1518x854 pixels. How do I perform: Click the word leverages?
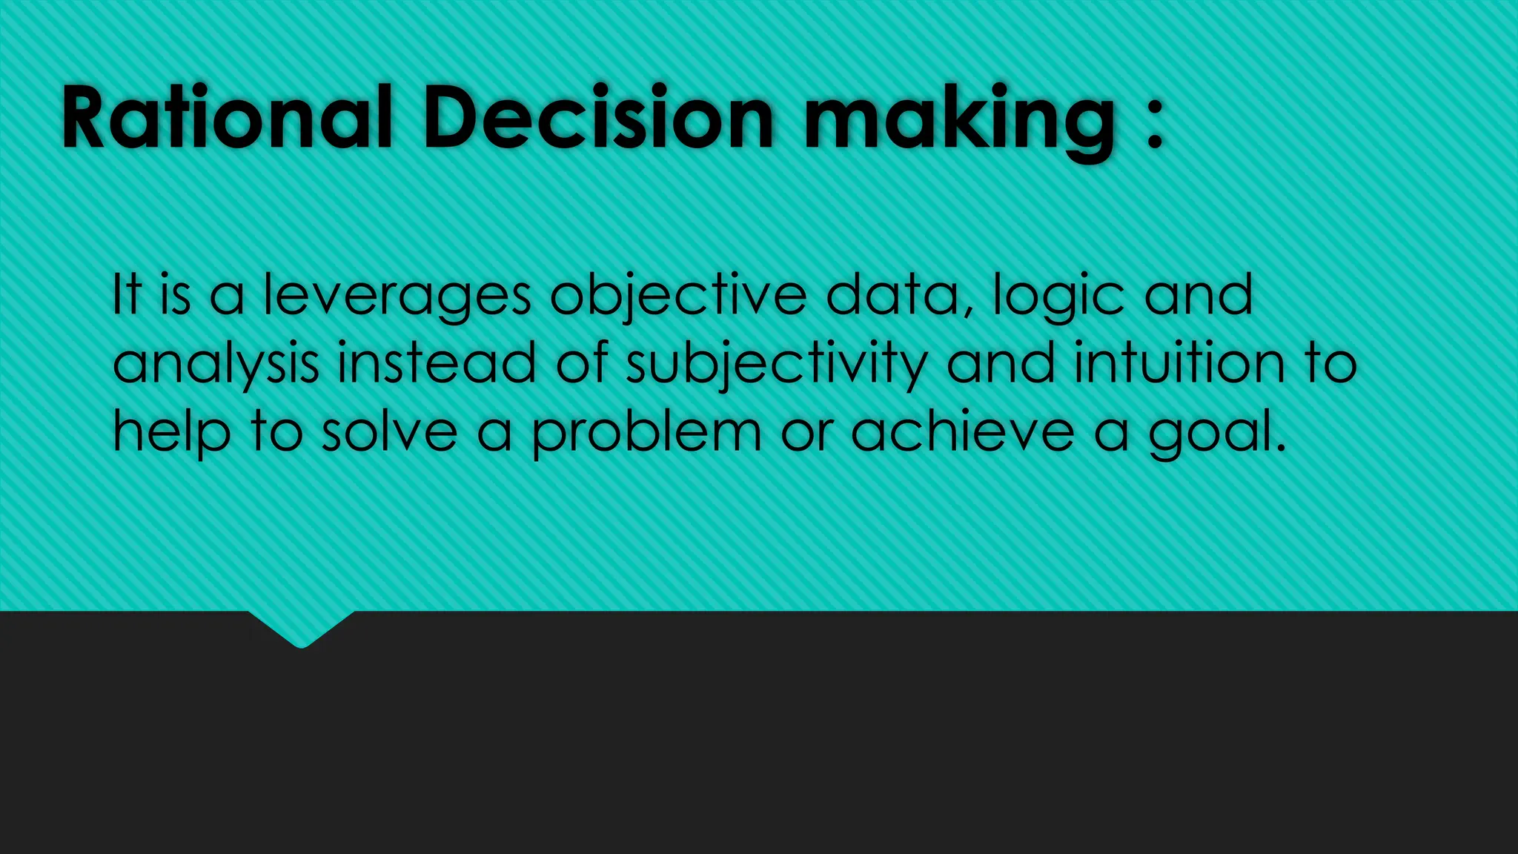click(x=397, y=296)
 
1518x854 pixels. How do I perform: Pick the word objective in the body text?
click(x=678, y=297)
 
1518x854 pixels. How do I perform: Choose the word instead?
click(x=437, y=363)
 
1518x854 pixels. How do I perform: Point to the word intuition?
click(x=1179, y=363)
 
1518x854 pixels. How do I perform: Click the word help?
click(x=171, y=433)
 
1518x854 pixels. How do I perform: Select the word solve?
click(x=389, y=431)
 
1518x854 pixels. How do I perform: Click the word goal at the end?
click(x=1216, y=433)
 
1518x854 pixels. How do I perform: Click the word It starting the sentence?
click(x=126, y=294)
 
